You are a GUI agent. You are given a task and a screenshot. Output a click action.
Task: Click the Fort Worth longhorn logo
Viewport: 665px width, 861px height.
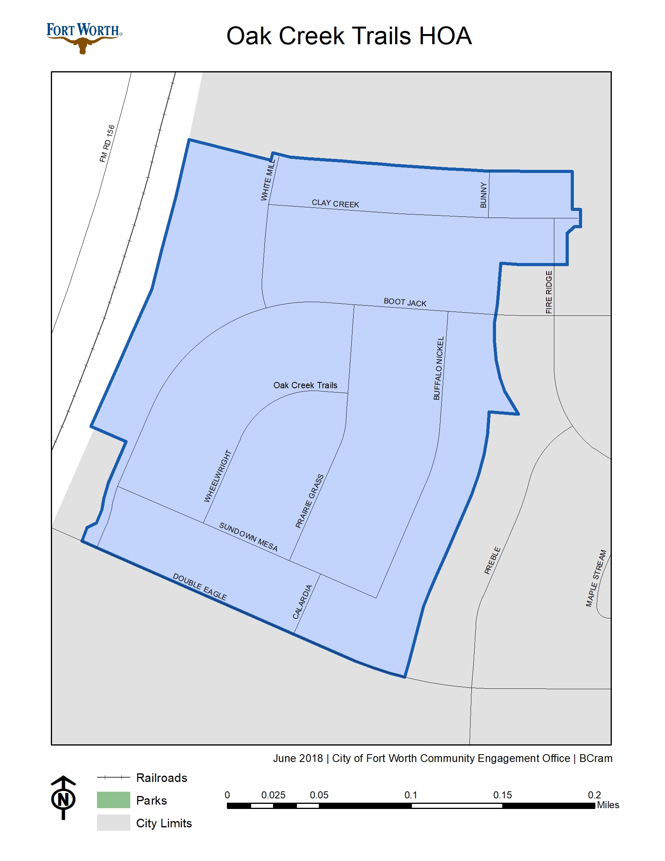(84, 38)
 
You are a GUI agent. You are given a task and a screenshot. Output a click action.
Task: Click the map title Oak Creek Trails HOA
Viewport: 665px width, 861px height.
(349, 36)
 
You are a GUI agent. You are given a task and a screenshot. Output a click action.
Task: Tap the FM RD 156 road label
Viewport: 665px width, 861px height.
(107, 144)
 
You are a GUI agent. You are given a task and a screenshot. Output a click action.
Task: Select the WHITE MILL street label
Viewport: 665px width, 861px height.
(268, 180)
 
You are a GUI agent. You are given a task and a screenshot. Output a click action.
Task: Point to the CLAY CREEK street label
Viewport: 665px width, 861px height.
(335, 204)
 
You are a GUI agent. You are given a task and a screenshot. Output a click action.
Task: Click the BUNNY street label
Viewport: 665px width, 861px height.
(483, 195)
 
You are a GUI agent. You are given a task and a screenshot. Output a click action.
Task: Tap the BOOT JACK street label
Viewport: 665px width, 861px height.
(405, 303)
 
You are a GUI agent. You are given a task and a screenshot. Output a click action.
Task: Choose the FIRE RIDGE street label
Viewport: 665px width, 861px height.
(549, 292)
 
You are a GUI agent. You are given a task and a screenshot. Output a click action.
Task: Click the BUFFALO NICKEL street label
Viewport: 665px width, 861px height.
(439, 368)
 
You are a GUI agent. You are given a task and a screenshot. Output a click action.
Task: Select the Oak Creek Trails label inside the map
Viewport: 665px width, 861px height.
(306, 385)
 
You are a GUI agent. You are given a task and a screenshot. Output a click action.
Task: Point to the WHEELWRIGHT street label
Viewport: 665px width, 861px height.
(217, 476)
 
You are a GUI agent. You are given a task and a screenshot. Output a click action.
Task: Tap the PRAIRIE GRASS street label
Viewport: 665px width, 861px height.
(310, 501)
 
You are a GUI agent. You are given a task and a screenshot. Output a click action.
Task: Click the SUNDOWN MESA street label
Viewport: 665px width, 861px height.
(248, 537)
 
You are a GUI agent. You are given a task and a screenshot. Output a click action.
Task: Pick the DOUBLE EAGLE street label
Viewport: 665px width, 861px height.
(200, 587)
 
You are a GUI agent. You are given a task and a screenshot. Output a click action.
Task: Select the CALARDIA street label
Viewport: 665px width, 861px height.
(302, 602)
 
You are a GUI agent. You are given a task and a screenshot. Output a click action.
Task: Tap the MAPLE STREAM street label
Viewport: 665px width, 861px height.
(596, 578)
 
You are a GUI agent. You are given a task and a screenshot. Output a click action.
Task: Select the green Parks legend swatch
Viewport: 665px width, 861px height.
(113, 800)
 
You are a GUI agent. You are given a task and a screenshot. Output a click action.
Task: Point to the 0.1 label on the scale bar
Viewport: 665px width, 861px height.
(411, 795)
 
